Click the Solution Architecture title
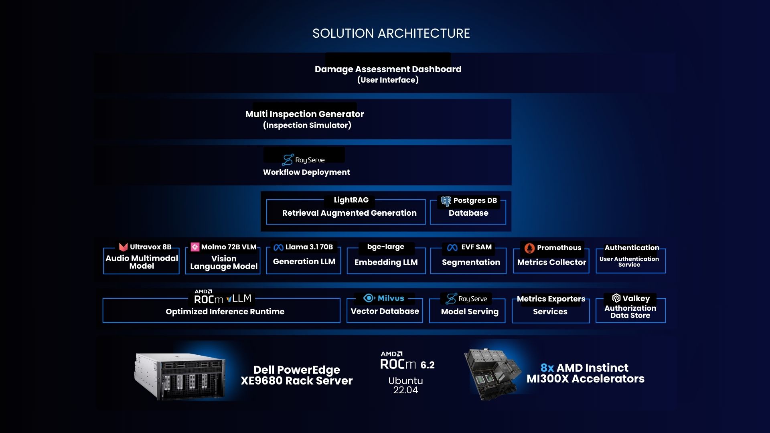(391, 33)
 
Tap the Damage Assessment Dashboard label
(388, 69)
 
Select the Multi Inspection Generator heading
(305, 114)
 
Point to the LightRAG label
(351, 200)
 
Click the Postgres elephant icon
(446, 201)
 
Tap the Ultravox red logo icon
(123, 247)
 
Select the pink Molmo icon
(195, 247)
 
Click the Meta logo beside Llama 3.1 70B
(278, 247)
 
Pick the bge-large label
(385, 247)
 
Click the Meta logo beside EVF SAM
(452, 247)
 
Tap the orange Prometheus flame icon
(529, 248)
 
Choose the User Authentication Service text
(629, 262)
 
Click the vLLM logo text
(239, 299)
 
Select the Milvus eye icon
(369, 298)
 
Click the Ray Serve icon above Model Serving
(451, 299)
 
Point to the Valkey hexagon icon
(616, 298)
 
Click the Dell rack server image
(179, 376)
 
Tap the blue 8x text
(547, 368)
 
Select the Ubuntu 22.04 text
(405, 385)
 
